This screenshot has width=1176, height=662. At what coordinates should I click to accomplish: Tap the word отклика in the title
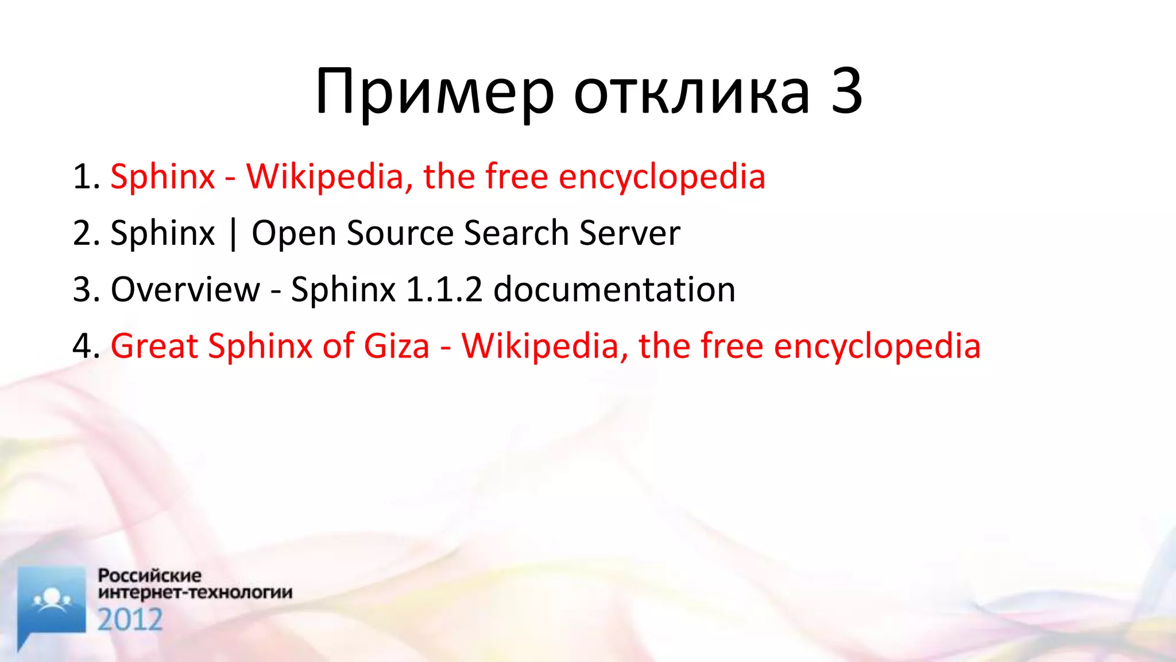click(x=691, y=92)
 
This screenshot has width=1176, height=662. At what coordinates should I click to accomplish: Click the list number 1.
click(x=86, y=176)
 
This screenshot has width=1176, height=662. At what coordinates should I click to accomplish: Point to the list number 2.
click(x=86, y=233)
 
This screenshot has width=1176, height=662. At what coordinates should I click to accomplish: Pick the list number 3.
click(x=86, y=289)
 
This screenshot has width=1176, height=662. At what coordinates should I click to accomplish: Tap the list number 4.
click(x=86, y=346)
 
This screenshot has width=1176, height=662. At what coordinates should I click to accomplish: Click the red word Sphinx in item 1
click(x=163, y=176)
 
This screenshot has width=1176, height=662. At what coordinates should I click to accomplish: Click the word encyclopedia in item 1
click(x=661, y=176)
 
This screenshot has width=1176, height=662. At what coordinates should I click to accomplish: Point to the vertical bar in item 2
click(x=233, y=234)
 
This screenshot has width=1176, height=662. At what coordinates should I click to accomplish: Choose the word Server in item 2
click(x=629, y=233)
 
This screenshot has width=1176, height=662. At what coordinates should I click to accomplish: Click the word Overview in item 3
click(x=185, y=289)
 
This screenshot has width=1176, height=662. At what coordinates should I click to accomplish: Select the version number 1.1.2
click(x=444, y=289)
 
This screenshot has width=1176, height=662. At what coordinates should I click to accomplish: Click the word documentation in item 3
click(x=614, y=289)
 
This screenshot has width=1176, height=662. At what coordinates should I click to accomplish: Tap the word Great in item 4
click(x=154, y=346)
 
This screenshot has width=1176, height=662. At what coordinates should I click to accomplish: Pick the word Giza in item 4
click(x=396, y=346)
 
